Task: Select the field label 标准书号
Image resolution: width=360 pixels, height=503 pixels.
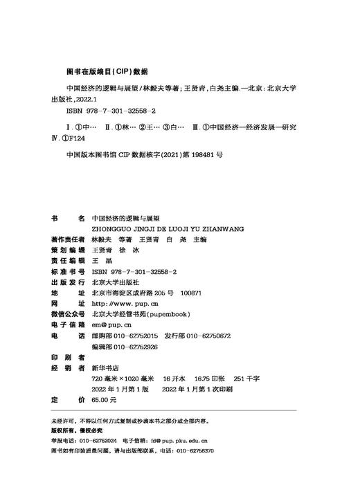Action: (x=69, y=272)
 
